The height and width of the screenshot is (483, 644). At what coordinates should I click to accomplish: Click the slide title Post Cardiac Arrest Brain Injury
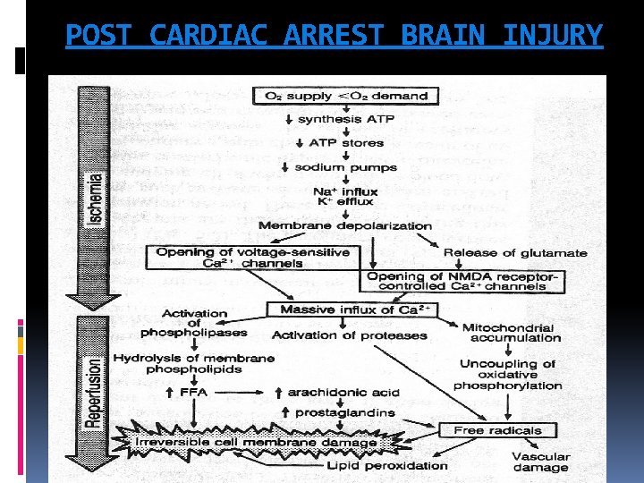(x=335, y=35)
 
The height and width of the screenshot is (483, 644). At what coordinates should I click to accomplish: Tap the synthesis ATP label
(x=341, y=120)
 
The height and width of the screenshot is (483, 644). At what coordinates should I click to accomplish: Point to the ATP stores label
(x=346, y=143)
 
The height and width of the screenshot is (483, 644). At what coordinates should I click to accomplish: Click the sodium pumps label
(x=345, y=167)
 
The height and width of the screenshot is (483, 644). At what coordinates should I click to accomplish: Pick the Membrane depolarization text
(x=344, y=225)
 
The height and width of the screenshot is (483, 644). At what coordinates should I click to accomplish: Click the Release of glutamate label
(x=515, y=253)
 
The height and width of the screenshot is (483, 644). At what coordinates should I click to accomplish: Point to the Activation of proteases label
(x=349, y=335)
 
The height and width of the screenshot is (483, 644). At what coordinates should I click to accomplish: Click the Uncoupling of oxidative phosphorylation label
(x=507, y=375)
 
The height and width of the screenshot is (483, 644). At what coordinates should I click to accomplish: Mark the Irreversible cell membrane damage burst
(x=255, y=443)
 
